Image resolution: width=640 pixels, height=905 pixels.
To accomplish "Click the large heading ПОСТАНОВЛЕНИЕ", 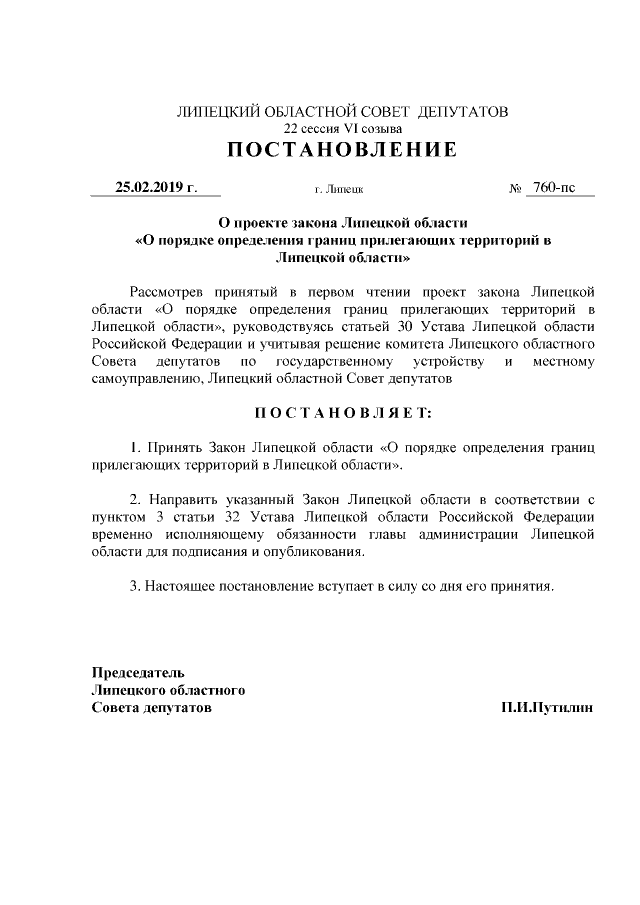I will [x=342, y=151].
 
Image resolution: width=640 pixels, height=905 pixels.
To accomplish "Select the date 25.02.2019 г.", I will [x=155, y=187].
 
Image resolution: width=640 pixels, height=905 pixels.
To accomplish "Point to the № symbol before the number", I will [x=516, y=188].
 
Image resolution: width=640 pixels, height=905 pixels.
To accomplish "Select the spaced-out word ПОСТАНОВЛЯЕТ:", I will [x=342, y=412].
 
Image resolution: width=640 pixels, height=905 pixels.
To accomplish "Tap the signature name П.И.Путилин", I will [x=548, y=707].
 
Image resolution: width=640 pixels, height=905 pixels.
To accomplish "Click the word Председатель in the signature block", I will [x=138, y=673].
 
